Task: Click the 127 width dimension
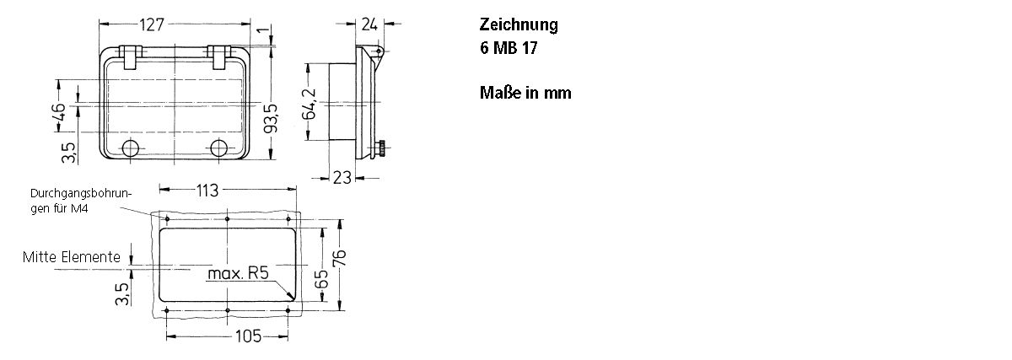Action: click(x=151, y=24)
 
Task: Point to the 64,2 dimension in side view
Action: click(x=310, y=105)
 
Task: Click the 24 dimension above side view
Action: click(x=369, y=24)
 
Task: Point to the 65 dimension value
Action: click(x=321, y=280)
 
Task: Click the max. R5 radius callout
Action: click(x=238, y=273)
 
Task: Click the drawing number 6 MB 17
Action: click(x=509, y=48)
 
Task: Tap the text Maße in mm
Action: click(x=525, y=93)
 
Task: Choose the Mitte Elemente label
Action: click(x=71, y=257)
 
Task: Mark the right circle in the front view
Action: click(x=219, y=149)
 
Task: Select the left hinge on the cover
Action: click(x=129, y=57)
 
